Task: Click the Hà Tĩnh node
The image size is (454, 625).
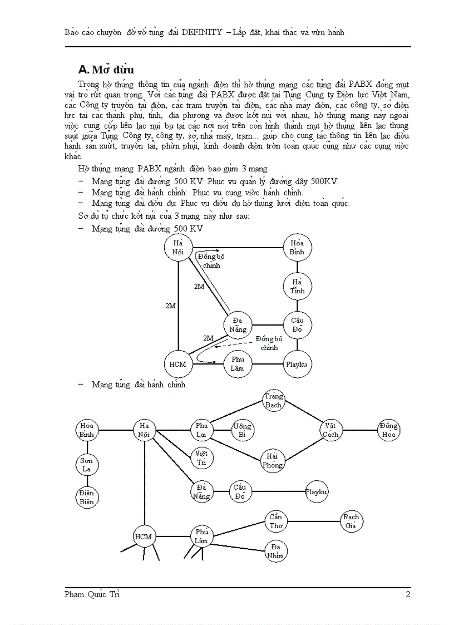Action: tap(298, 286)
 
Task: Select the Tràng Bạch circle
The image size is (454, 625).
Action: tap(273, 400)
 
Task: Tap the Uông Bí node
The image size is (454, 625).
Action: tap(242, 430)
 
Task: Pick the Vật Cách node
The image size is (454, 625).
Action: tap(331, 430)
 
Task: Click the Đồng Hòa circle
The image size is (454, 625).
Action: tap(388, 430)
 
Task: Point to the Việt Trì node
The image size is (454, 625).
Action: tap(201, 457)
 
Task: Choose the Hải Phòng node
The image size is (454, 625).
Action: tap(272, 460)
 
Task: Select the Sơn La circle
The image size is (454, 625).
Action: tap(87, 465)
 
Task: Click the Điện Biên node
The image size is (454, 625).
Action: tap(87, 496)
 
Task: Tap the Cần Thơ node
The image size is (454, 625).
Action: tap(276, 521)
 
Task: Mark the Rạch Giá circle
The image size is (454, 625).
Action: tap(351, 521)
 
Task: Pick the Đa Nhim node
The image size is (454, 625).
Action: tap(276, 551)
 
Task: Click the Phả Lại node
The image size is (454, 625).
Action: tap(201, 430)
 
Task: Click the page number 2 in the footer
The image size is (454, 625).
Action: tap(408, 594)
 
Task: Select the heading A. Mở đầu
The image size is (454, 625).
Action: tap(106, 70)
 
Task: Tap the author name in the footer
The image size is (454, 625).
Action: tap(92, 594)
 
